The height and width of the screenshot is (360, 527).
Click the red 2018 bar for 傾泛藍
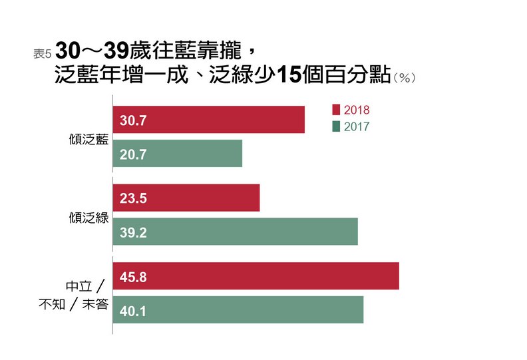click(208, 120)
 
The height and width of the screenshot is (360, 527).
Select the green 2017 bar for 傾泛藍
click(178, 154)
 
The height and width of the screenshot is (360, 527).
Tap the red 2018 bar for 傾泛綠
click(186, 198)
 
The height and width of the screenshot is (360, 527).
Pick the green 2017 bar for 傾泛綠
click(236, 231)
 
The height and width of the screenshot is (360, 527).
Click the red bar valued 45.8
click(256, 275)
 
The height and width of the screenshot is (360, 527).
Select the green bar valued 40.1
click(238, 309)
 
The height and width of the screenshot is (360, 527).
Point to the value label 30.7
click(133, 120)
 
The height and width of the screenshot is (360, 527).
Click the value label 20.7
click(133, 154)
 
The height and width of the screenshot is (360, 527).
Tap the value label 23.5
click(133, 198)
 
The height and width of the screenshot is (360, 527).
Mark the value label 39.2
click(133, 232)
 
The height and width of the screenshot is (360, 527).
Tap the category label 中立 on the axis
click(79, 286)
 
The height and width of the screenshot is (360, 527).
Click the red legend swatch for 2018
click(335, 109)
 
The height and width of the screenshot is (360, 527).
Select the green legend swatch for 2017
click(335, 126)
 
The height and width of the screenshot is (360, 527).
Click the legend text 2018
click(357, 110)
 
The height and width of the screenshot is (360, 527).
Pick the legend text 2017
click(357, 126)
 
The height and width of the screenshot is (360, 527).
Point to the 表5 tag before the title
click(42, 54)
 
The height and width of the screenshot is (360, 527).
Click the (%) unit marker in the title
click(405, 78)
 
